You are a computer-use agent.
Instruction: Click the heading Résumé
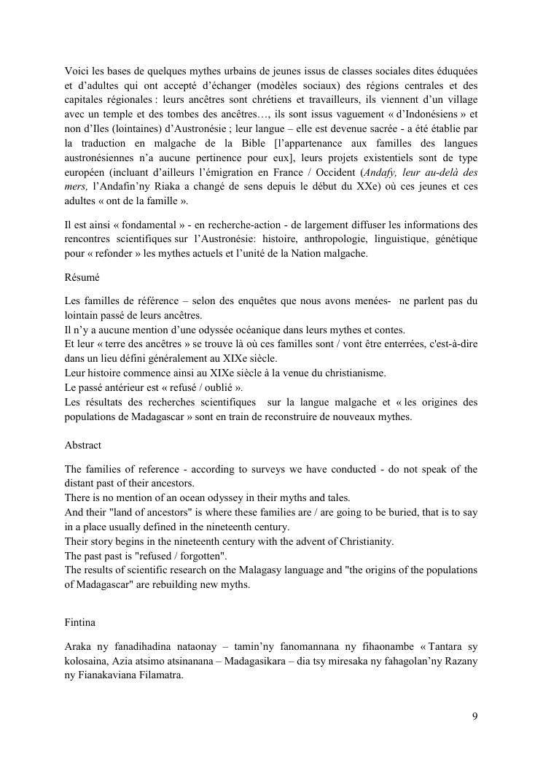pyautogui.click(x=80, y=278)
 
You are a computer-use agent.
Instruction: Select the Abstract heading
pyautogui.click(x=82, y=445)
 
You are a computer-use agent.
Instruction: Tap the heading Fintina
pyautogui.click(x=80, y=624)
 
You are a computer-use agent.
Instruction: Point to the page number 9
pyautogui.click(x=475, y=715)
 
